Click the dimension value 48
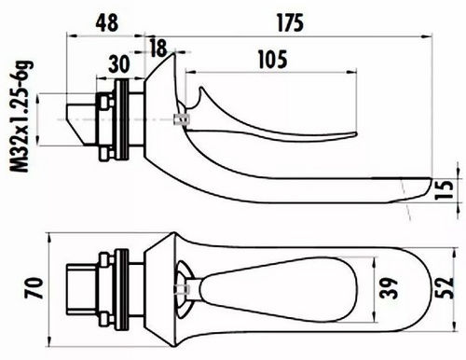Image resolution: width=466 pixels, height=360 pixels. pyautogui.click(x=107, y=22)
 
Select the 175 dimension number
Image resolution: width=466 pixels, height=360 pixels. pyautogui.click(x=290, y=23)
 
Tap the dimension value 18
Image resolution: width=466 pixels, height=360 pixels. pyautogui.click(x=158, y=48)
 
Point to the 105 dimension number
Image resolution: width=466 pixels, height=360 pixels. pyautogui.click(x=273, y=59)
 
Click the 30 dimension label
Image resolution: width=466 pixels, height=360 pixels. pyautogui.click(x=119, y=63)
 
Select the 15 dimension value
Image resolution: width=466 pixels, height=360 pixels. pyautogui.click(x=445, y=189)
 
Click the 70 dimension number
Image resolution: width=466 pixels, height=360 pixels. pyautogui.click(x=34, y=288)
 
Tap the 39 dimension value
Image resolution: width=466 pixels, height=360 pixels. pyautogui.click(x=390, y=288)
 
